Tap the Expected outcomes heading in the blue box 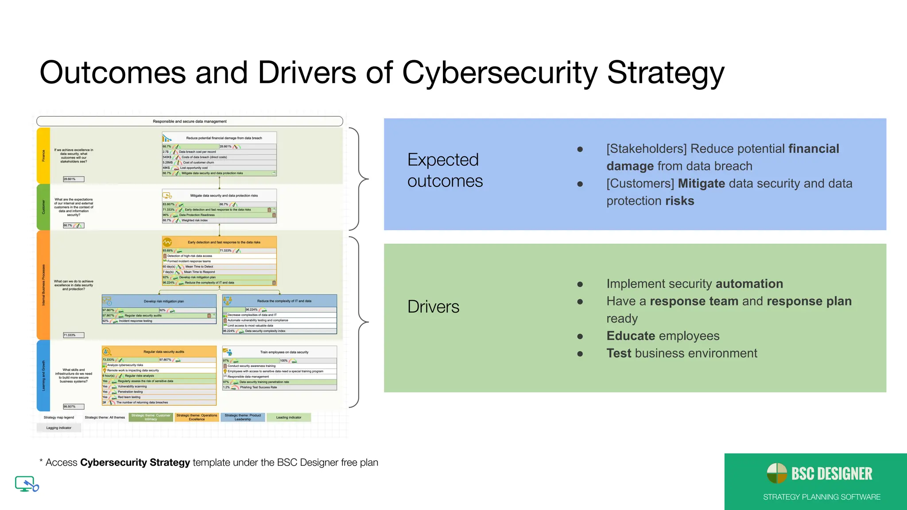coord(445,170)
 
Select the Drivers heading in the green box coord(433,307)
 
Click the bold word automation coord(749,284)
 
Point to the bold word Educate coord(631,336)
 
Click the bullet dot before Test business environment coord(580,354)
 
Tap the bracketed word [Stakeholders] coord(646,149)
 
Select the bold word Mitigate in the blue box coord(702,184)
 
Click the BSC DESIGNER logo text coord(831,474)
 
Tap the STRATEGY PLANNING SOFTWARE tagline coord(822,497)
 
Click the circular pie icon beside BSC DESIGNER coord(777,473)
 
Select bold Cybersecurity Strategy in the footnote coord(135,463)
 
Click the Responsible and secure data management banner coord(190,121)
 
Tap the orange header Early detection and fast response coord(224,242)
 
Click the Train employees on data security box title coord(284,352)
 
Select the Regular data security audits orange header coord(163,352)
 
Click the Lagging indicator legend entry coord(59,428)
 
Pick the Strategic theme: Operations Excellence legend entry coord(197,417)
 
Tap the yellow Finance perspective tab coord(43,156)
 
